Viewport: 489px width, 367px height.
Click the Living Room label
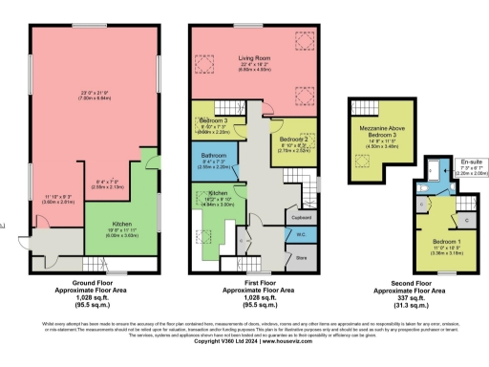255,59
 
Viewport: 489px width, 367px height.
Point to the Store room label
300,257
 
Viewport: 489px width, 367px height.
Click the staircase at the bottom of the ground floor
96,263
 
